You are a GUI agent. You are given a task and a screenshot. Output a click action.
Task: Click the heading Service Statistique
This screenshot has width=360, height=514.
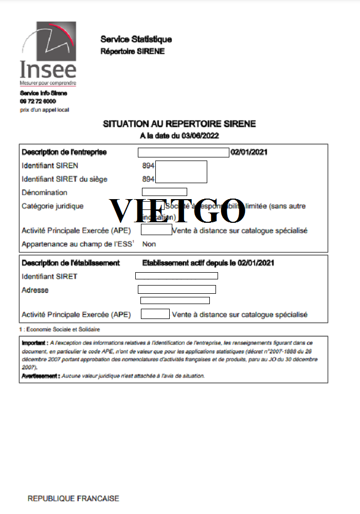point(136,39)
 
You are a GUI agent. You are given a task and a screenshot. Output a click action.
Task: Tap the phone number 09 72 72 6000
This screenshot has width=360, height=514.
point(38,101)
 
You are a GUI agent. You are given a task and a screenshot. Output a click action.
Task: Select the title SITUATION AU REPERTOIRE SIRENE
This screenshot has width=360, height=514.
point(179,124)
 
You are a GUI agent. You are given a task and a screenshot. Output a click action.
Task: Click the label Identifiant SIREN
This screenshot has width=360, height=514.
point(50,166)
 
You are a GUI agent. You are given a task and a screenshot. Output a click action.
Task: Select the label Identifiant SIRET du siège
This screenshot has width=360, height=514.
point(64,179)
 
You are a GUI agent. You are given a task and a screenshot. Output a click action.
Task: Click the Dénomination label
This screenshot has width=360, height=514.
point(44,192)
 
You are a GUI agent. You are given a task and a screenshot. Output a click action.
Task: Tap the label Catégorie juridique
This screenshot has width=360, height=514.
point(52,206)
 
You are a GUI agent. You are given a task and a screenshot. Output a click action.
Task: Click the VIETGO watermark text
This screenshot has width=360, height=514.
point(177,210)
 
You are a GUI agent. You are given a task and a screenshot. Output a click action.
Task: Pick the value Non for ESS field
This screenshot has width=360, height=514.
point(149,244)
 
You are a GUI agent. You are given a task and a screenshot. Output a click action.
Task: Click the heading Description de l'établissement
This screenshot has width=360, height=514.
point(70,263)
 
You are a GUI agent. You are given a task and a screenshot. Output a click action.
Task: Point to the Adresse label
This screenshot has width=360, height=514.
point(35,290)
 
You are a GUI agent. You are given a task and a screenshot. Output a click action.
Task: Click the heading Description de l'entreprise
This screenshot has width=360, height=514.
point(64,152)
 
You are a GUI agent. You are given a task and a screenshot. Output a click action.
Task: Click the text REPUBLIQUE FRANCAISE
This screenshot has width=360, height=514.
point(73,499)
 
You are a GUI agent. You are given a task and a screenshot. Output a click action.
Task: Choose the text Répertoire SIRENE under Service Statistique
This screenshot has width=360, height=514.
point(132,51)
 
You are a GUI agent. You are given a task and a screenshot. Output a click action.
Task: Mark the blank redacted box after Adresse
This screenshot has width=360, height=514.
point(176,289)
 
